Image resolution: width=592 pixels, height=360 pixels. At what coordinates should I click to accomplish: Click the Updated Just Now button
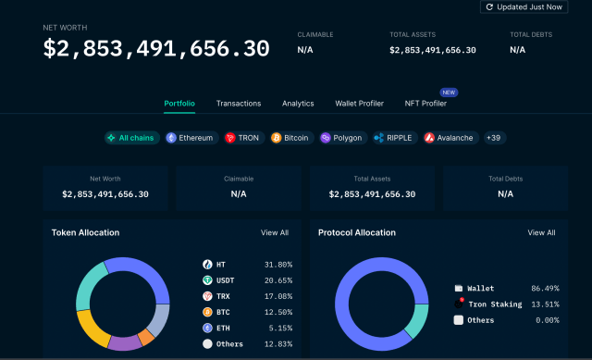(x=523, y=6)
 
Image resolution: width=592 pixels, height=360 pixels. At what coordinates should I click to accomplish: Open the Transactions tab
(x=239, y=104)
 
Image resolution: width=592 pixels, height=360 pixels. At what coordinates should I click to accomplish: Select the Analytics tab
(x=298, y=104)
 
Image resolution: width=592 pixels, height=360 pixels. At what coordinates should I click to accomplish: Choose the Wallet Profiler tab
(x=359, y=104)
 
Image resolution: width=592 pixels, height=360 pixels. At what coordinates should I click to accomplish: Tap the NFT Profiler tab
(x=425, y=104)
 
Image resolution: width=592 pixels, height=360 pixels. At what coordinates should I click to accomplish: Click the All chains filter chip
(x=131, y=138)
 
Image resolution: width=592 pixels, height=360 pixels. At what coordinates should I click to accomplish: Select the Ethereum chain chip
(x=190, y=138)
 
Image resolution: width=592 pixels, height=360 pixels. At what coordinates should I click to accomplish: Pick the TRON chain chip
(x=243, y=138)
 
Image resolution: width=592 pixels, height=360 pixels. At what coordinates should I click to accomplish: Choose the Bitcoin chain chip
(x=290, y=138)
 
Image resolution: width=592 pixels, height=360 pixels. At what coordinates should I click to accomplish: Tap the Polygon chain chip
(x=342, y=138)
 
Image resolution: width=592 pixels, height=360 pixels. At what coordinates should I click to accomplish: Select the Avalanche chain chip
(x=450, y=138)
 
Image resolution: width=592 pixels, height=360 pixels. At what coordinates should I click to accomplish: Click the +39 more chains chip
(x=493, y=138)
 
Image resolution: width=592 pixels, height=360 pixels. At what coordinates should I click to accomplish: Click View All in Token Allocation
(x=275, y=233)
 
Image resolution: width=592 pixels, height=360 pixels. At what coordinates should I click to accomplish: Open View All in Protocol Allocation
(x=541, y=233)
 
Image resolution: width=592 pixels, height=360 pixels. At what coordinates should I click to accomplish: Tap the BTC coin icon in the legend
(x=207, y=312)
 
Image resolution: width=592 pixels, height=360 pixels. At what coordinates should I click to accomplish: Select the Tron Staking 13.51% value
(x=542, y=304)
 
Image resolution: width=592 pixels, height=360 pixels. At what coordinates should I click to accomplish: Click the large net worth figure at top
(x=157, y=48)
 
